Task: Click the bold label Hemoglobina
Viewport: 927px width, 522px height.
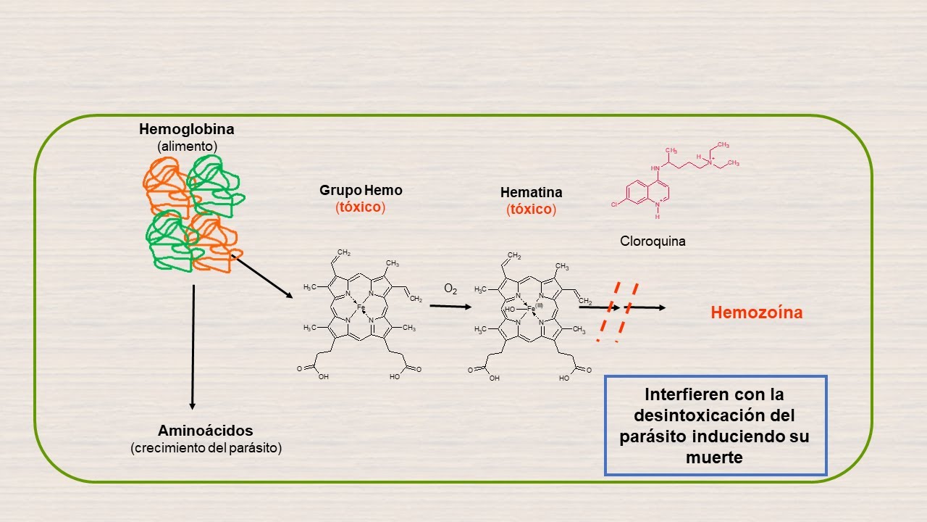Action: pos(187,130)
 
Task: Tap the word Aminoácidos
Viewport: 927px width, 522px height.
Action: pos(206,431)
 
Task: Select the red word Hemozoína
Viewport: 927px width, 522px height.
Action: pos(757,313)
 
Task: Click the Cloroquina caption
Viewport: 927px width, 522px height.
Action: pos(653,241)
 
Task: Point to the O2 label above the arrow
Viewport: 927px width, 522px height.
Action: pos(450,289)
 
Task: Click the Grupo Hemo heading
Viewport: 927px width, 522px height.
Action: pos(361,191)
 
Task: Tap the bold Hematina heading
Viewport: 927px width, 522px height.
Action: pos(531,193)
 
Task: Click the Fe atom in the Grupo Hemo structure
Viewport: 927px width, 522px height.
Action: pos(361,307)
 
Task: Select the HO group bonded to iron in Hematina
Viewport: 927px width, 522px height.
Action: pos(511,309)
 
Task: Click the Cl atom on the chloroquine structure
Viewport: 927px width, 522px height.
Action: pos(614,205)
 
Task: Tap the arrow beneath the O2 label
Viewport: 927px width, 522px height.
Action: pos(450,306)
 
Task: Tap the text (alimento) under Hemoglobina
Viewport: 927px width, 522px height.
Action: pos(187,146)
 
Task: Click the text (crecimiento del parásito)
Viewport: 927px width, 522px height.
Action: pos(206,447)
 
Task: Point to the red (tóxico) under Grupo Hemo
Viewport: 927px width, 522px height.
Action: pos(360,207)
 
